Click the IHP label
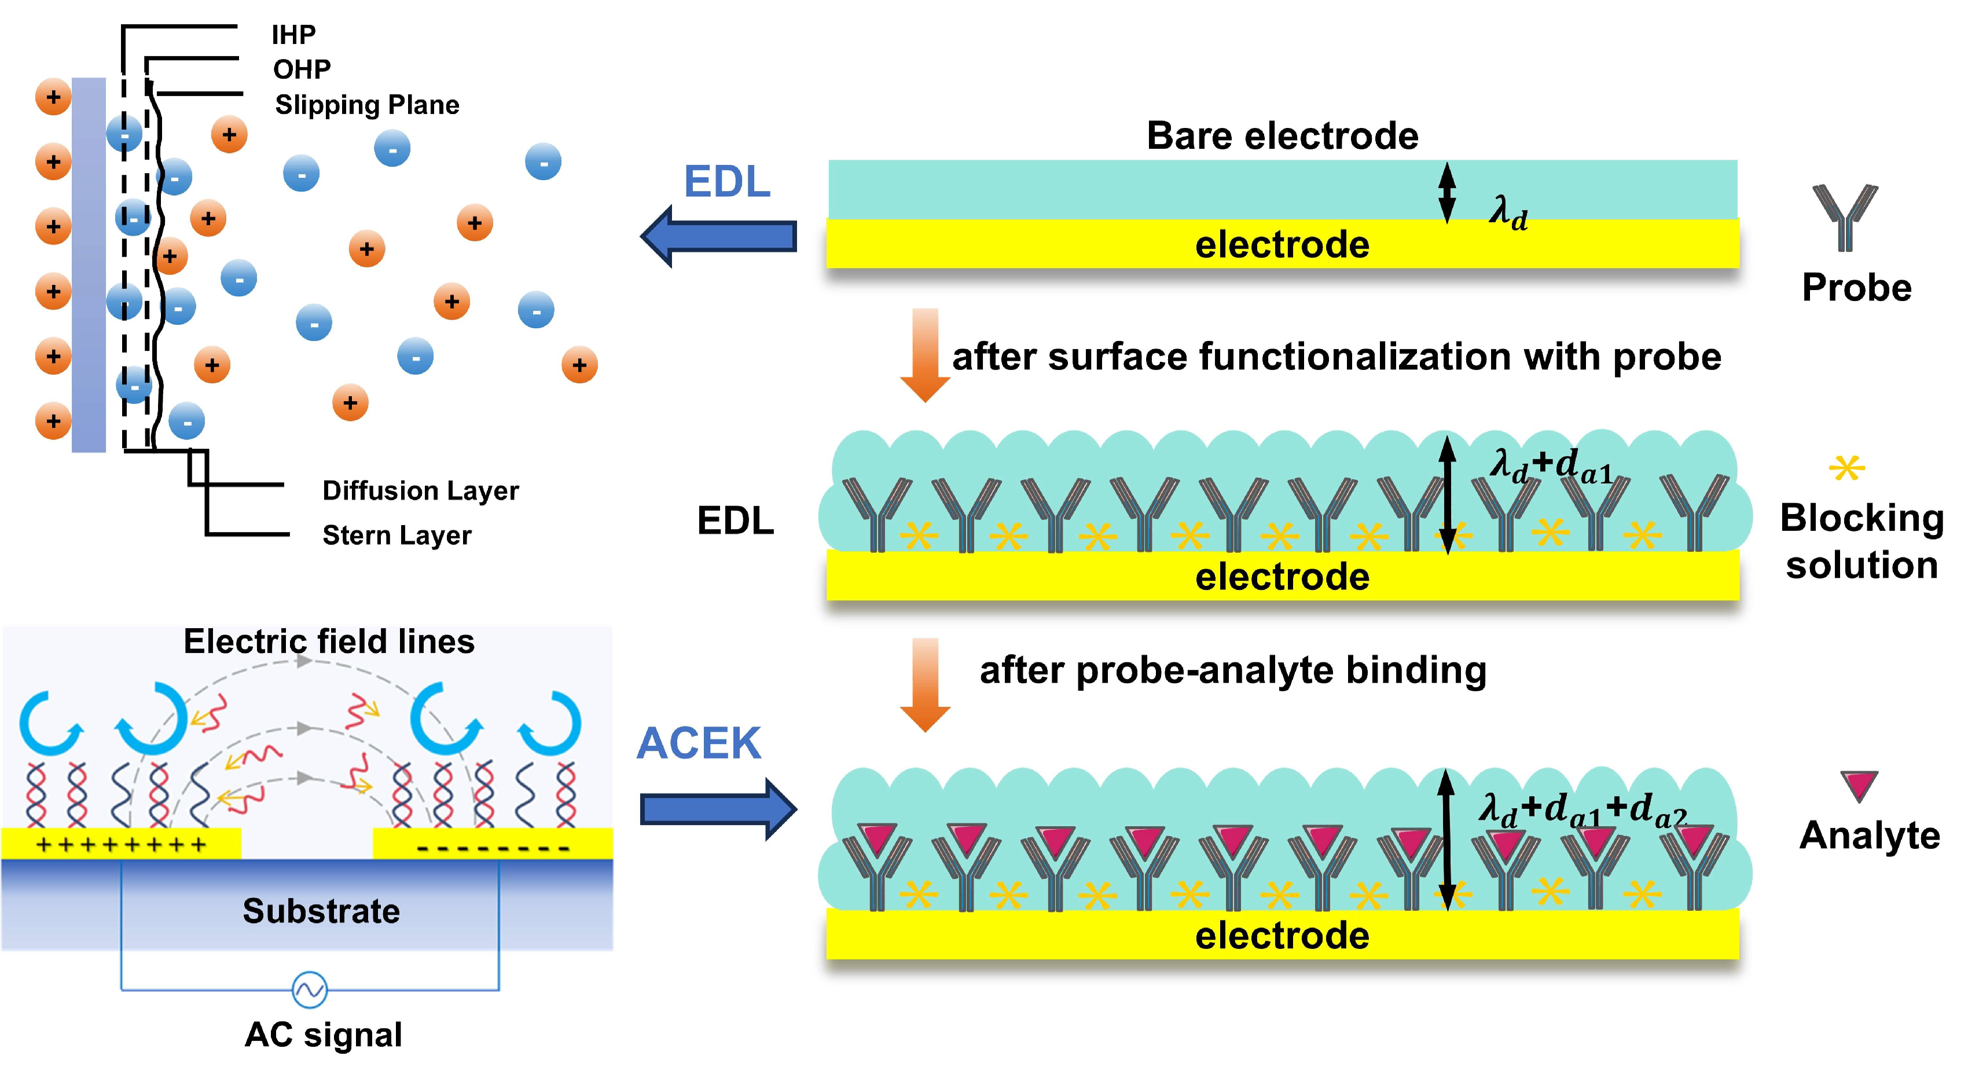[293, 34]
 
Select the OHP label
[302, 69]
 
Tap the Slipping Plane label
[367, 105]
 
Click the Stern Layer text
[396, 535]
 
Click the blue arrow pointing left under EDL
[718, 236]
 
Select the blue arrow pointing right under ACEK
[719, 809]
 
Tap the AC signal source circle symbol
[310, 990]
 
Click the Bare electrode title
[1283, 136]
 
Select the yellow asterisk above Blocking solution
[1846, 467]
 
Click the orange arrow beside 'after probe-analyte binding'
[925, 685]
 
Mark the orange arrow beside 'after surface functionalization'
[925, 355]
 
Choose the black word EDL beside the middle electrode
[735, 520]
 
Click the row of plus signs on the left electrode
[121, 845]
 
